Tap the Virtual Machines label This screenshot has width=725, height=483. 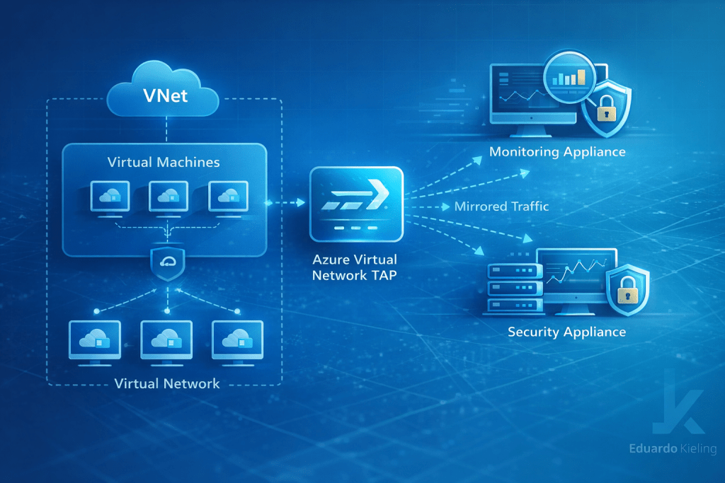point(164,162)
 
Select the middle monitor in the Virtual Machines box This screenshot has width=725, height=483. point(169,197)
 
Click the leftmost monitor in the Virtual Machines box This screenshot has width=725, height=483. point(110,197)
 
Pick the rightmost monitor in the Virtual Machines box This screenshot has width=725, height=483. point(228,197)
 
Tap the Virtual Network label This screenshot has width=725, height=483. point(167,384)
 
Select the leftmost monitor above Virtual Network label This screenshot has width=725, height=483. point(95,341)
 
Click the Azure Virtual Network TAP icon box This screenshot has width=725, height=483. point(356,204)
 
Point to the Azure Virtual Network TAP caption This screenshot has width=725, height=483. point(355,268)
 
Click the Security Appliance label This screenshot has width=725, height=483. point(566,332)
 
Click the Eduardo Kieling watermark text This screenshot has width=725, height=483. point(671,448)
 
